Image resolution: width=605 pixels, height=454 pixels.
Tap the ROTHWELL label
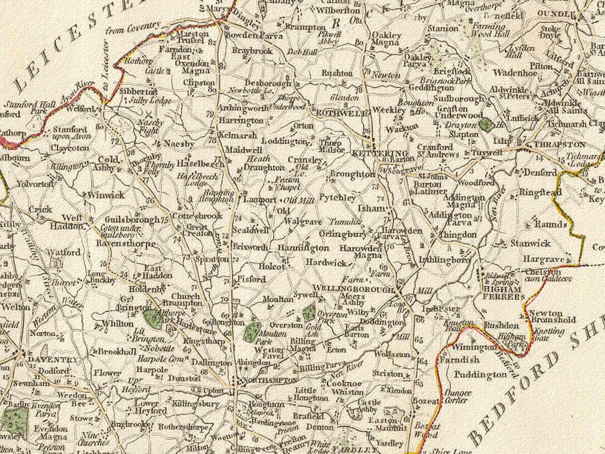click(x=341, y=114)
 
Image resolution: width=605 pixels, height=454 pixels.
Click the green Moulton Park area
click(x=252, y=331)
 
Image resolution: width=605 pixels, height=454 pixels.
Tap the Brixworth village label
click(x=250, y=247)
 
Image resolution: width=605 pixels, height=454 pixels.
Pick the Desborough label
click(x=268, y=83)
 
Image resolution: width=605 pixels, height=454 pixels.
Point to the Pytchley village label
click(x=338, y=198)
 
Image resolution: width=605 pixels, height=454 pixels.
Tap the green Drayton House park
click(x=486, y=125)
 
